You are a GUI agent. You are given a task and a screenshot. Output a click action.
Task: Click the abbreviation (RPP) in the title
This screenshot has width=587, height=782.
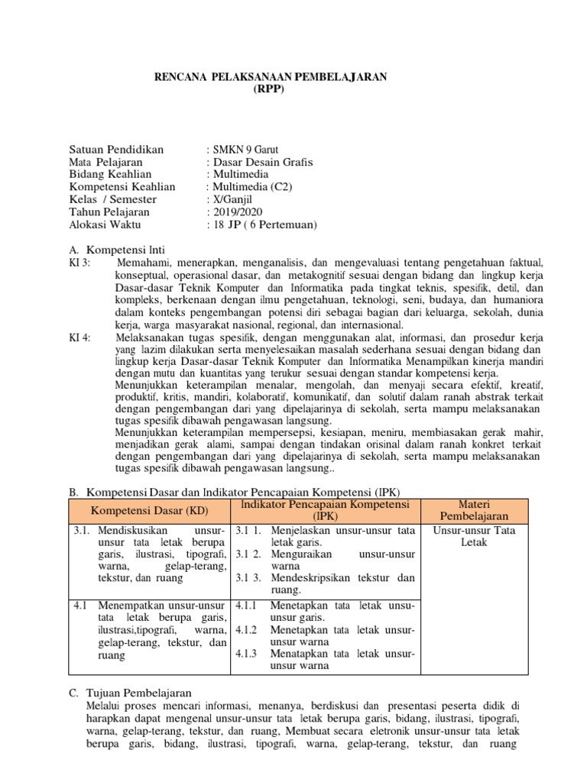(x=271, y=89)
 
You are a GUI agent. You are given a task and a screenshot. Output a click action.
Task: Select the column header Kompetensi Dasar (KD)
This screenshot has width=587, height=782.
(x=148, y=509)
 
